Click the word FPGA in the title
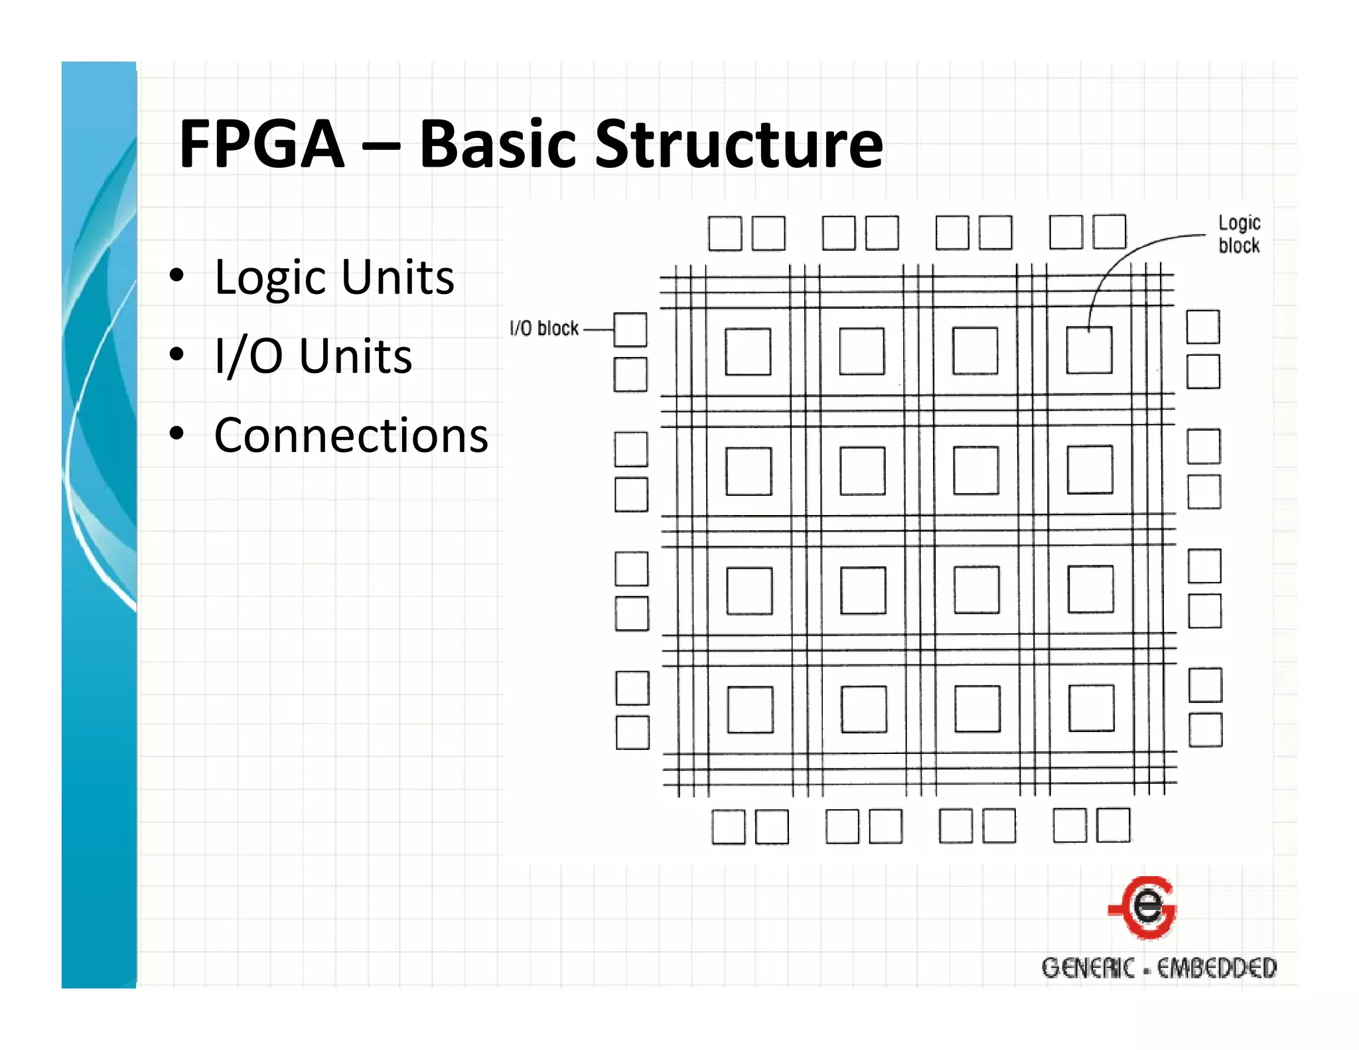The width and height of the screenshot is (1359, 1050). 261,144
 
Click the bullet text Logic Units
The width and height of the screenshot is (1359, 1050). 334,277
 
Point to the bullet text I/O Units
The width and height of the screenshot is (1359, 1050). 313,356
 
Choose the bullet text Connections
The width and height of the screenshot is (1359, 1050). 351,436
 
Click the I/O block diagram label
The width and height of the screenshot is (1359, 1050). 544,329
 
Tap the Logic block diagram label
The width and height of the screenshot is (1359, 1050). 1239,234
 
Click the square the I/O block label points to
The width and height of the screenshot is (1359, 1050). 630,330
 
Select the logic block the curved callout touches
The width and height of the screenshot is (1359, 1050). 1089,350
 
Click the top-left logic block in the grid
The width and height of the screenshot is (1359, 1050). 748,351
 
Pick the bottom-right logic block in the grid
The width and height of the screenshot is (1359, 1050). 1091,708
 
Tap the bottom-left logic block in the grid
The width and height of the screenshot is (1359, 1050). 750,710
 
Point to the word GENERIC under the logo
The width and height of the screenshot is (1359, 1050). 1088,968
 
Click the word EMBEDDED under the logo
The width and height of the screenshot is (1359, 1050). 1216,968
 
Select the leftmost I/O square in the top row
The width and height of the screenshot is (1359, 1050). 725,234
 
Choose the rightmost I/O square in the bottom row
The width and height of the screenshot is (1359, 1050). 1113,825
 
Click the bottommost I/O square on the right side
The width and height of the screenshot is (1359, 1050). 1205,730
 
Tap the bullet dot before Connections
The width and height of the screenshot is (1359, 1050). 177,433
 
